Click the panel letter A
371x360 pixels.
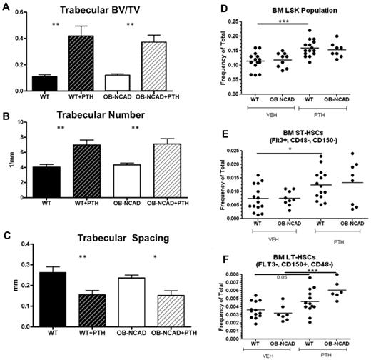[x=6, y=7]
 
